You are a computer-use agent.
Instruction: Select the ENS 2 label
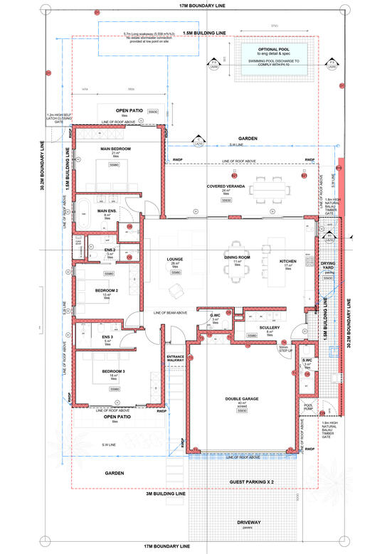coord(110,249)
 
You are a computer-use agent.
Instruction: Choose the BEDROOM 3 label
coord(113,372)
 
